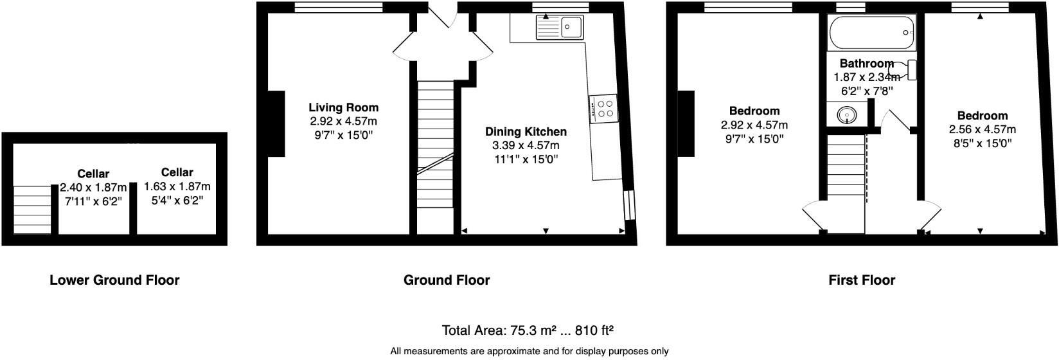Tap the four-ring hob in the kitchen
pos(604,108)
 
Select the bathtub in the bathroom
pos(872,33)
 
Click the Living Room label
pos(343,107)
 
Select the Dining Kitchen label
pos(526,132)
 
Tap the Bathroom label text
pos(867,64)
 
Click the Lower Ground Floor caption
pos(114,280)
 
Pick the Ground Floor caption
pos(447,280)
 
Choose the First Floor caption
pos(862,280)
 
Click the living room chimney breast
pos(276,124)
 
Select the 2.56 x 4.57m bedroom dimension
pos(982,130)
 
